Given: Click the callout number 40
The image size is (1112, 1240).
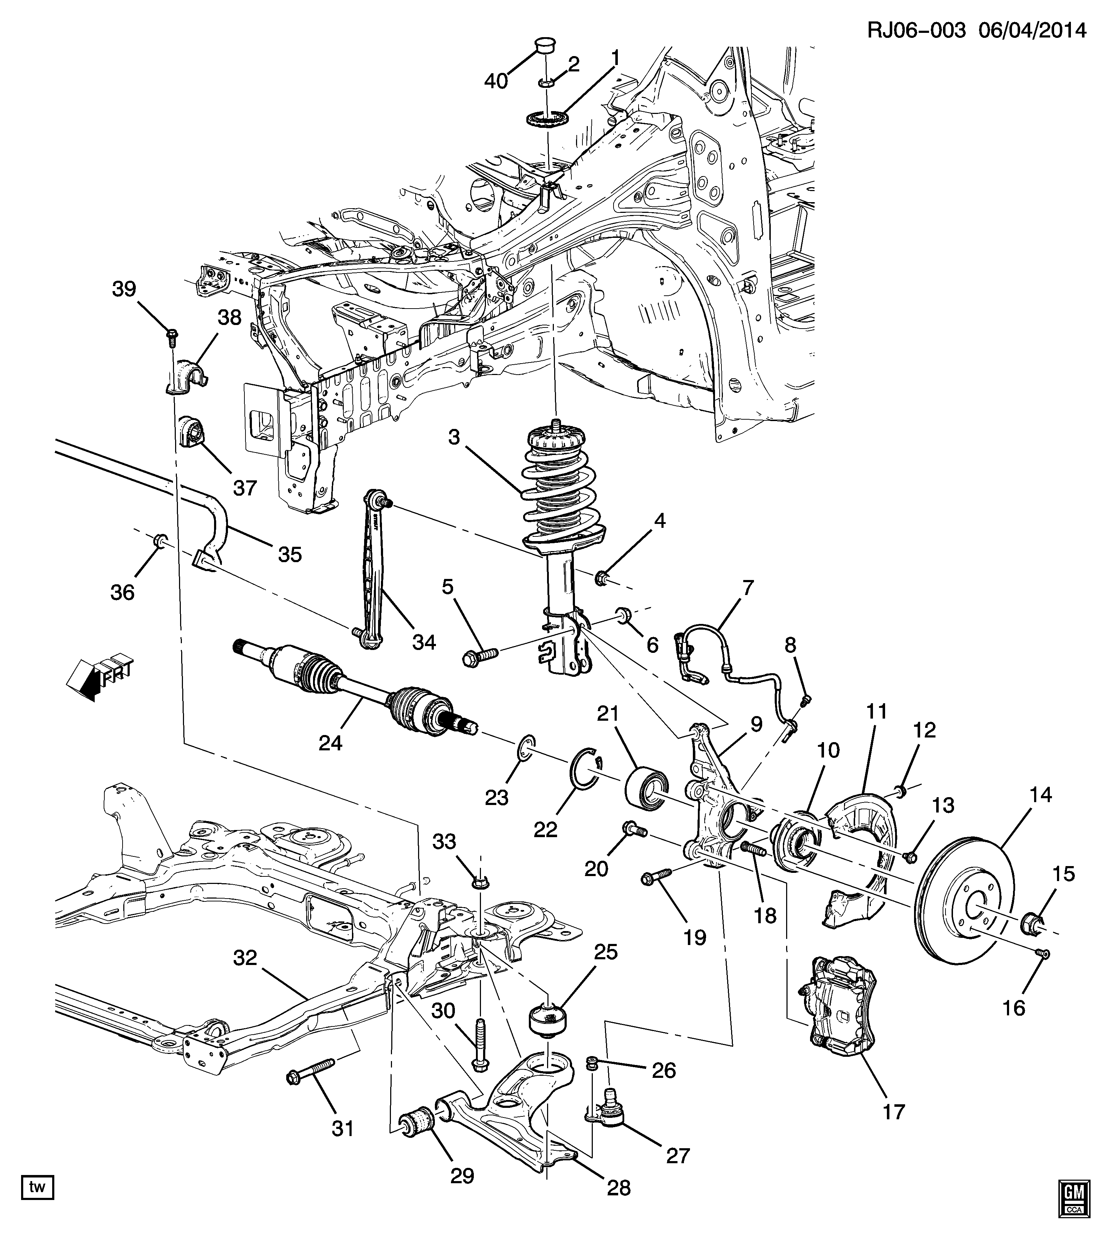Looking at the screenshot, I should pyautogui.click(x=496, y=81).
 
